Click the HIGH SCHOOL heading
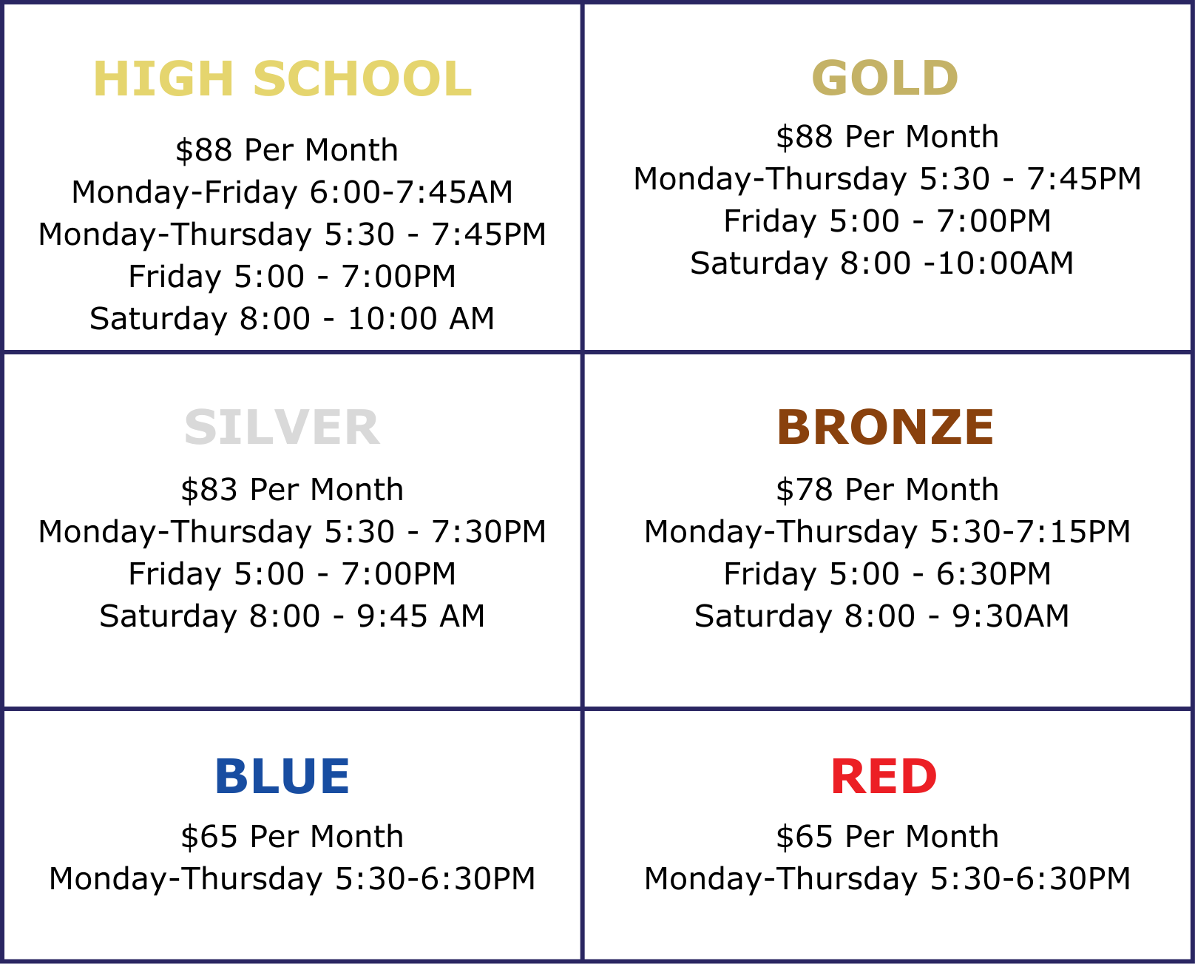point(282,79)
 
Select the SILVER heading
point(282,428)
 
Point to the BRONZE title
point(885,428)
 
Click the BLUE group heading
point(282,776)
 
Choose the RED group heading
point(884,776)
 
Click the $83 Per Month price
point(292,490)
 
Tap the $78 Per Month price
point(887,490)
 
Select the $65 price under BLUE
point(292,837)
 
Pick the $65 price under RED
point(887,837)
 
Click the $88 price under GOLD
point(887,137)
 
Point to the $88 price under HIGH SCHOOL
point(286,150)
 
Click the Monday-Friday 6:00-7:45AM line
point(292,193)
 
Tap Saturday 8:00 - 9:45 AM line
point(292,616)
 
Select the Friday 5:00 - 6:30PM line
point(887,574)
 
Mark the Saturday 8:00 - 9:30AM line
point(881,616)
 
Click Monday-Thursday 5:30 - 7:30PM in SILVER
point(292,532)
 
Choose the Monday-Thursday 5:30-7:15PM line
point(887,532)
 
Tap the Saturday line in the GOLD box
point(881,263)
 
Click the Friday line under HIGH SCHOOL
point(292,277)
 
